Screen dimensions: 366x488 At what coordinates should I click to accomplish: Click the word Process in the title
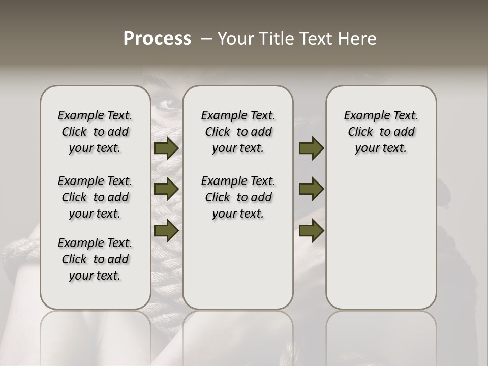pyautogui.click(x=157, y=39)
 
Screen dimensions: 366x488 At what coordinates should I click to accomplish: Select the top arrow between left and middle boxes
pyautogui.click(x=166, y=148)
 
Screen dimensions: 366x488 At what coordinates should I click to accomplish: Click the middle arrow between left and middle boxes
pyautogui.click(x=166, y=189)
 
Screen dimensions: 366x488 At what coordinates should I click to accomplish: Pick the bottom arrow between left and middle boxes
pyautogui.click(x=166, y=230)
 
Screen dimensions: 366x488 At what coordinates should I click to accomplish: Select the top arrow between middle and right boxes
pyautogui.click(x=311, y=148)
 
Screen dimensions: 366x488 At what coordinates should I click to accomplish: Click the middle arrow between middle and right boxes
pyautogui.click(x=311, y=189)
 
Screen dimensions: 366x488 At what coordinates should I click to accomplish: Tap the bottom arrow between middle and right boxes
pyautogui.click(x=311, y=230)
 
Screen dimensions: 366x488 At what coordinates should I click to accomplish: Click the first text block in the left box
pyautogui.click(x=95, y=132)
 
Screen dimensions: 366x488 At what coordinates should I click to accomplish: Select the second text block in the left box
pyautogui.click(x=95, y=197)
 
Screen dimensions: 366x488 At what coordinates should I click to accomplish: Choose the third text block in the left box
pyautogui.click(x=95, y=259)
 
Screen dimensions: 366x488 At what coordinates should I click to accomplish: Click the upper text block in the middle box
pyautogui.click(x=238, y=132)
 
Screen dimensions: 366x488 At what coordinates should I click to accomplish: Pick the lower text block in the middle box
pyautogui.click(x=238, y=197)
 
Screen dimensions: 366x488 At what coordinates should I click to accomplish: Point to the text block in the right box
pyautogui.click(x=381, y=132)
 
